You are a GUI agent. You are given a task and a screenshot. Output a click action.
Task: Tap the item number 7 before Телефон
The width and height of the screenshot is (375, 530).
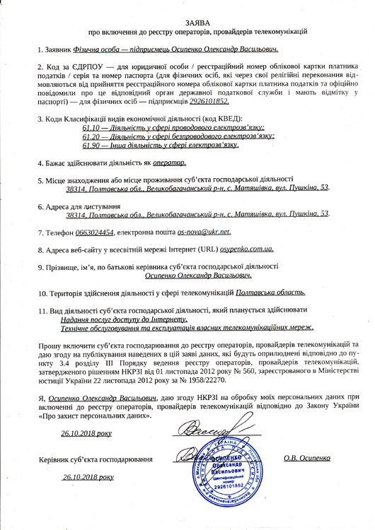[40, 232]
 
